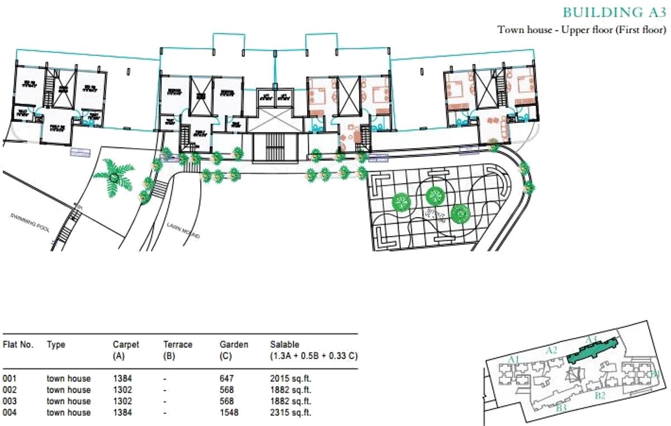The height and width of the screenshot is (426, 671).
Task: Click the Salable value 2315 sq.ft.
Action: coord(290,413)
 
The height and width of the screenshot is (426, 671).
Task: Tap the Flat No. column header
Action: coord(18,345)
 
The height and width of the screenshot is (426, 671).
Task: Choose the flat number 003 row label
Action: coord(10,401)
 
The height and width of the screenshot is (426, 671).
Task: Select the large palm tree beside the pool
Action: coord(114,176)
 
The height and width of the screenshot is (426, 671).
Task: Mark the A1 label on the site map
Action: coord(516,358)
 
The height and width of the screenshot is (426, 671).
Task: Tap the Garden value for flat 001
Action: coord(226,379)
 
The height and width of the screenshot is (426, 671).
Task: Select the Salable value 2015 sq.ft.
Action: coord(290,379)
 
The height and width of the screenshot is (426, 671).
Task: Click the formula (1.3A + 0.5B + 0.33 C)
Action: coord(313,356)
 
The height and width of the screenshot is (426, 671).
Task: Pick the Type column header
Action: coord(56,345)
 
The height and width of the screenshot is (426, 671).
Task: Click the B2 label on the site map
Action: coord(600,395)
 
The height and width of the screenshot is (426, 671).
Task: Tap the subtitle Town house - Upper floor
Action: coord(582,30)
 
